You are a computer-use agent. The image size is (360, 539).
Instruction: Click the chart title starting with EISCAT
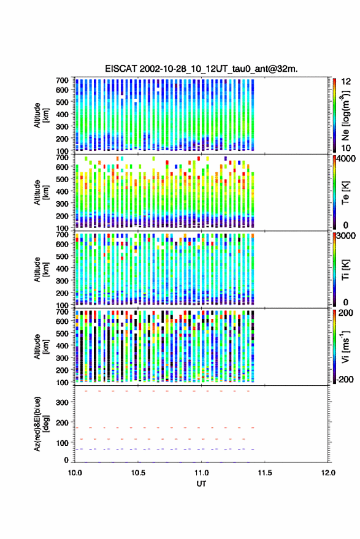(202, 69)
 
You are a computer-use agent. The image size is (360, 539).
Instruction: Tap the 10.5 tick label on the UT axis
(138, 473)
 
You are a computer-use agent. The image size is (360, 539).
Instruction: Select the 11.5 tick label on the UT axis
(264, 473)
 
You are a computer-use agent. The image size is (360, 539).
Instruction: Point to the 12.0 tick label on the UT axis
(328, 473)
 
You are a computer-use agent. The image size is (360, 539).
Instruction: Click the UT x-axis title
(202, 484)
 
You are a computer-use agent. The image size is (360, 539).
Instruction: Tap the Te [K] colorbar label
(345, 193)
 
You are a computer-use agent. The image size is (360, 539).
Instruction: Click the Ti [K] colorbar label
(345, 270)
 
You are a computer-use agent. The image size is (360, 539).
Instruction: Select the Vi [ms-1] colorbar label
(345, 347)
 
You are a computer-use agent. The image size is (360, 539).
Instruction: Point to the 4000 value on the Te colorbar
(347, 159)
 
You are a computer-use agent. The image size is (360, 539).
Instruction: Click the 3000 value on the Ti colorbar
(347, 236)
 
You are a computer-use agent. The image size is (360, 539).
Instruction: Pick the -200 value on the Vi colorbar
(344, 379)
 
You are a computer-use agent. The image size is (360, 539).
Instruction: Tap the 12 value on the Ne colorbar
(346, 82)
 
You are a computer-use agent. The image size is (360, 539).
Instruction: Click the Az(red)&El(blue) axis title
(41, 424)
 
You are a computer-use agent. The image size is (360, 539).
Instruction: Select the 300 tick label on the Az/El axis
(63, 402)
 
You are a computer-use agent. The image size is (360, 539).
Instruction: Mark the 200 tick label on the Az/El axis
(63, 422)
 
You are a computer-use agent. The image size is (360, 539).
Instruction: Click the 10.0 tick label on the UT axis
(75, 473)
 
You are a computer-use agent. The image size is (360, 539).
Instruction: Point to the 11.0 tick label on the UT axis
(202, 473)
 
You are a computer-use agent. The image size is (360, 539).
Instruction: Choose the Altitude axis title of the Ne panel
(41, 115)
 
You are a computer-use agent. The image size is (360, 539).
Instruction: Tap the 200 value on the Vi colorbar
(345, 313)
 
